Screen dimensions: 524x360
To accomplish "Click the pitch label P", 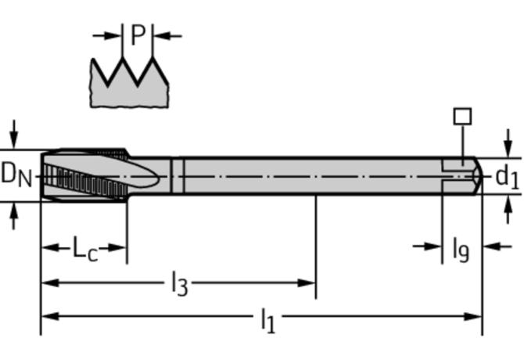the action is tap(138, 34).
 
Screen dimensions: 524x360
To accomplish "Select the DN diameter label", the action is tap(16, 175).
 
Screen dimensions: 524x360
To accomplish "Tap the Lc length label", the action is tap(85, 249).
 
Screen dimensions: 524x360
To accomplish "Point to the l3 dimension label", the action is tap(179, 284).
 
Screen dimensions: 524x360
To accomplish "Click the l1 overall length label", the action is tap(268, 320).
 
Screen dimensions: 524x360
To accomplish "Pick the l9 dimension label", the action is tap(461, 249).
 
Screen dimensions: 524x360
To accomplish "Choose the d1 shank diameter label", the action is tap(508, 177).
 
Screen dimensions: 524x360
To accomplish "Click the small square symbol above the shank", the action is tap(462, 117).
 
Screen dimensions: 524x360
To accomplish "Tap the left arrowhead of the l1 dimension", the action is tap(50, 316).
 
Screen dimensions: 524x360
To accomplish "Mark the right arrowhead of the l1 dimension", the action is tap(472, 316).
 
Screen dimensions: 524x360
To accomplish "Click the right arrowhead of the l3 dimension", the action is tap(307, 283).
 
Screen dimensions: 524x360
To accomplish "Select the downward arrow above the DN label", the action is tap(14, 134).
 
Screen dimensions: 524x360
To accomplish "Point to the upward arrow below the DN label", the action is tap(14, 216).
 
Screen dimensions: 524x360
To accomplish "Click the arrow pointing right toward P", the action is tap(106, 35).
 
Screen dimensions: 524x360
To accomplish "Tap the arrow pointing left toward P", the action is tap(168, 35).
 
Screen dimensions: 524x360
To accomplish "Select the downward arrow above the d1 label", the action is tap(508, 142).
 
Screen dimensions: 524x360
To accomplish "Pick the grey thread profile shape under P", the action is tap(129, 83).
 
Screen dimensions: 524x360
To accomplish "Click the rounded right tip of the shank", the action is tap(479, 175).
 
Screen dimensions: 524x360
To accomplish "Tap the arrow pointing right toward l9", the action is tap(428, 247).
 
